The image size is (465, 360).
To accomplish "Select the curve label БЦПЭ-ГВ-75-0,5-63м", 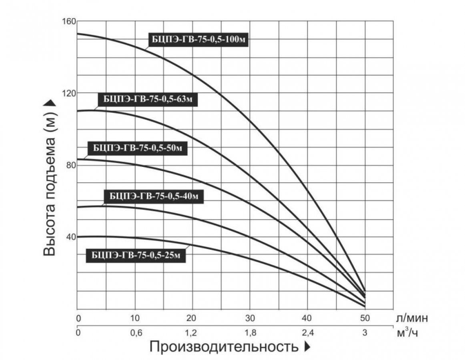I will [148, 99].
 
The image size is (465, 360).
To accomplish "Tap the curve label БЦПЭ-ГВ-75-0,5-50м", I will [137, 148].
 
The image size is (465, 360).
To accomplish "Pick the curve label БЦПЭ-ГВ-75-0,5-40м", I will [153, 196].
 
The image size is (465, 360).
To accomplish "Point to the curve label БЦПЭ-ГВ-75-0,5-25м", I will [136, 255].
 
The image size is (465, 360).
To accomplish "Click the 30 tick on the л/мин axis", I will [250, 319].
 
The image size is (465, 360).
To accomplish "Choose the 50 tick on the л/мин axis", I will [364, 319].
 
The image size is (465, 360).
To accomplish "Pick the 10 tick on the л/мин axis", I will [135, 319].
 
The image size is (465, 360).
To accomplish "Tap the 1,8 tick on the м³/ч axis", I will [250, 333].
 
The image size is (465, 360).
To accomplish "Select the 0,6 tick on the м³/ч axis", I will [135, 333].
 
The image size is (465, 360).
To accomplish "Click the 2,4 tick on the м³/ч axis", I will [307, 333].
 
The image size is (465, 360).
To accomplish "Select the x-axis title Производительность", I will [224, 347].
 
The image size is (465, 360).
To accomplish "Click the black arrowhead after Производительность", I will [307, 347].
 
